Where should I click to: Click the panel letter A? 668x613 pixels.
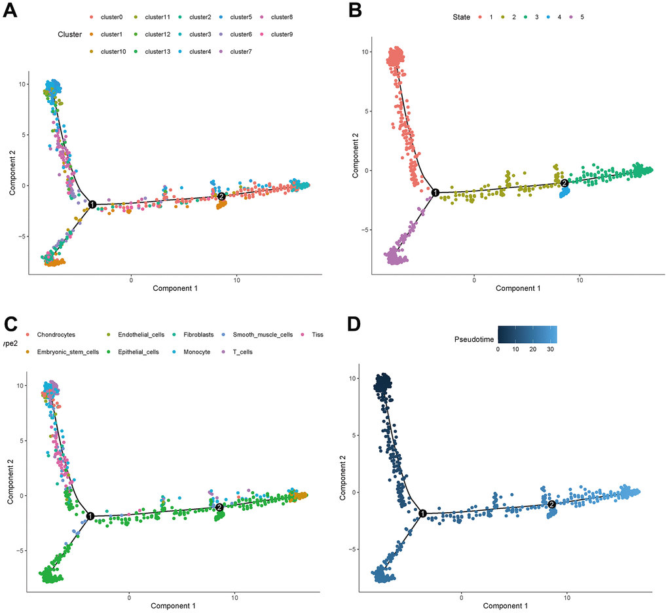11,14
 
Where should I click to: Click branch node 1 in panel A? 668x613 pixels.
92,205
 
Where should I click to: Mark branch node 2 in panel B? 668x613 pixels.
565,183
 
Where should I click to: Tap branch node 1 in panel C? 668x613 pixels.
90,516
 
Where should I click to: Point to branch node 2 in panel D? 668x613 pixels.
551,504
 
